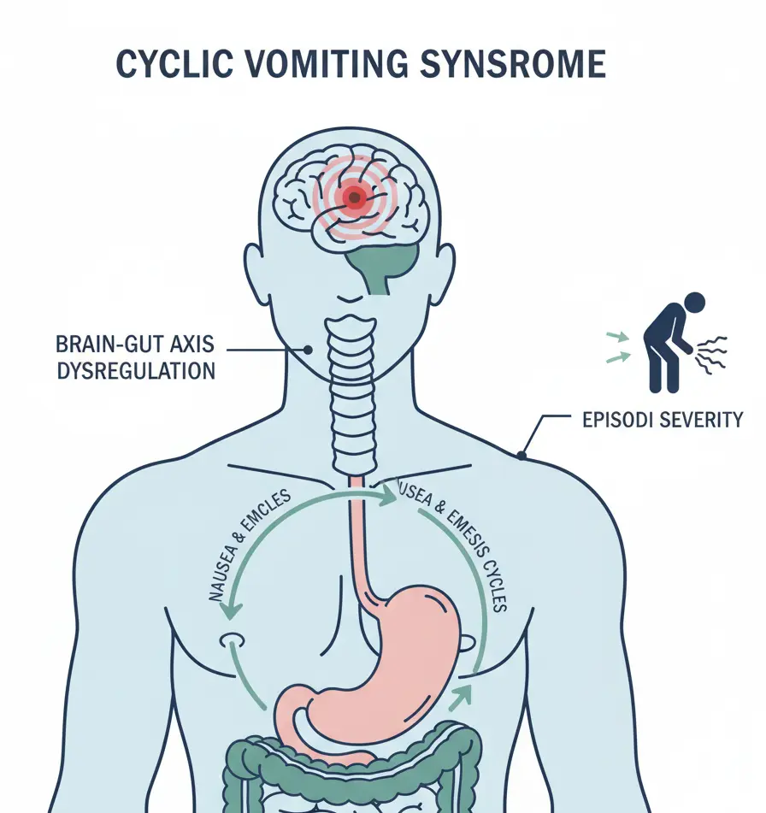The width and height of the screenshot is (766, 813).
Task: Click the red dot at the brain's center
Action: coord(353,197)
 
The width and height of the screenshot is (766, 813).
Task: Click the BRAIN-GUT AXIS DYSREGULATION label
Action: coord(135,358)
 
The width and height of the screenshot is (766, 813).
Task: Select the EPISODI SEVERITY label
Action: coord(655,420)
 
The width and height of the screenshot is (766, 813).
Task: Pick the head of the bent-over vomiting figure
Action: coord(694,302)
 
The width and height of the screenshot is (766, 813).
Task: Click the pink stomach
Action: coord(393,667)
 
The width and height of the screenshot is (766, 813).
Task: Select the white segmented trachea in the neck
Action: coord(353,385)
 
